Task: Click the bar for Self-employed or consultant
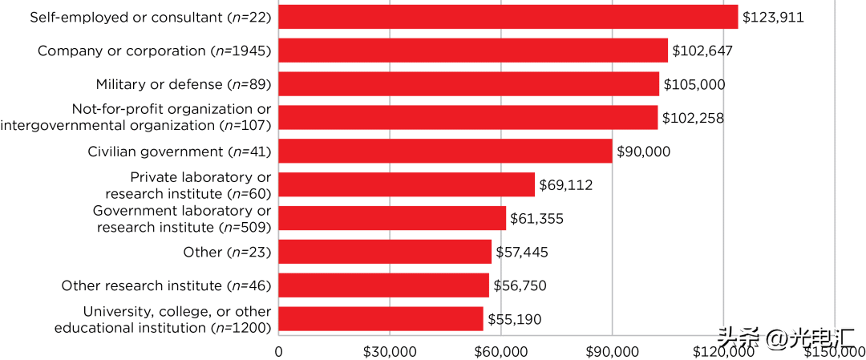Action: [508, 17]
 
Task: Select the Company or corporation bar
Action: [473, 51]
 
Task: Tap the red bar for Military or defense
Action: [469, 84]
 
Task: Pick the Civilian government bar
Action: [445, 152]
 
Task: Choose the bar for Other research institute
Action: [383, 285]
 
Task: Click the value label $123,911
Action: [773, 17]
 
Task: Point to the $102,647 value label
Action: [702, 51]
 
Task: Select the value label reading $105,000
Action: [694, 84]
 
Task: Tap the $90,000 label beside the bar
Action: [643, 152]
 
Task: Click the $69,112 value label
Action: [565, 185]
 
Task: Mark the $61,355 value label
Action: [536, 219]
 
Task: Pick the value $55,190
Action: [514, 320]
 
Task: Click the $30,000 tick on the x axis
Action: [390, 352]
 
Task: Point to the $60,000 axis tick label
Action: [501, 352]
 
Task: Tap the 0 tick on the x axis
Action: [279, 352]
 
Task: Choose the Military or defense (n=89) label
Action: [184, 84]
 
